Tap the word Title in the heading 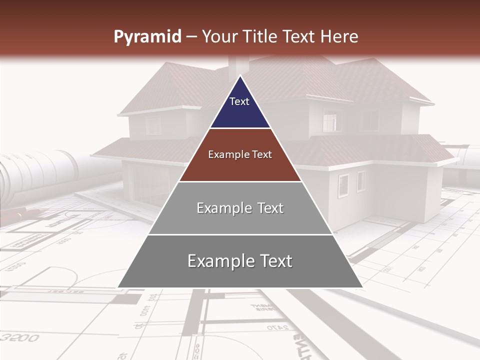pyautogui.click(x=263, y=37)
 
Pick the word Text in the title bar pyautogui.click(x=300, y=37)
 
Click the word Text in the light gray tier pyautogui.click(x=270, y=208)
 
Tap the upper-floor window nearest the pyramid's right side pyautogui.click(x=330, y=120)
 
